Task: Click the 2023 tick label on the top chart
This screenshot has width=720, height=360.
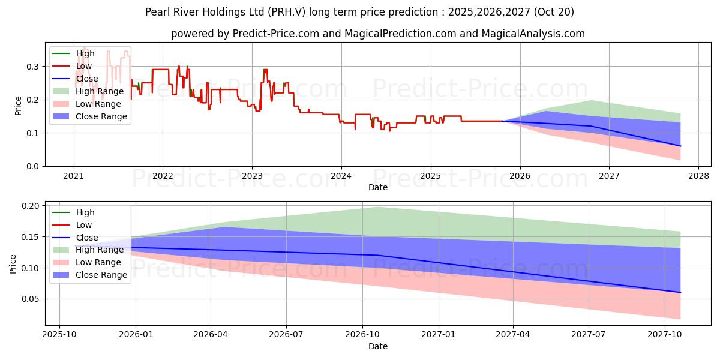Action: (252, 176)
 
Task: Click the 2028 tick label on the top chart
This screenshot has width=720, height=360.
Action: (698, 176)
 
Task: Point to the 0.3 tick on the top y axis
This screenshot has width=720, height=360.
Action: (34, 66)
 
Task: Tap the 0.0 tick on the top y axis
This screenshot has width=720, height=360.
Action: (34, 166)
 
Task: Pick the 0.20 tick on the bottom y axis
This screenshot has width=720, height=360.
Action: (31, 206)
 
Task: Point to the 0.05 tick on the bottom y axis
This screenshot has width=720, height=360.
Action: (31, 299)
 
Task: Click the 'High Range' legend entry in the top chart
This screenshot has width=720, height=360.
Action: (100, 91)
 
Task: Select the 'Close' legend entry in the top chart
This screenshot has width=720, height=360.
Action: (86, 79)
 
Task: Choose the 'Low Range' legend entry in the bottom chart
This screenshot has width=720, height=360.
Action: (98, 262)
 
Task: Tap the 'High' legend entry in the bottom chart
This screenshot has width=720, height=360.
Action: (85, 212)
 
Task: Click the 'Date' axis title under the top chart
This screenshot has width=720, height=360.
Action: (378, 187)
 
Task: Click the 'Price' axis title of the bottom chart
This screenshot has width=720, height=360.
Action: (13, 263)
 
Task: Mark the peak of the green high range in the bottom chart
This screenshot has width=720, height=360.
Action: (378, 207)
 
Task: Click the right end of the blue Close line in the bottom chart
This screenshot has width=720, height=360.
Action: (680, 292)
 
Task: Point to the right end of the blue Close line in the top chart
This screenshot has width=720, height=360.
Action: (680, 146)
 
